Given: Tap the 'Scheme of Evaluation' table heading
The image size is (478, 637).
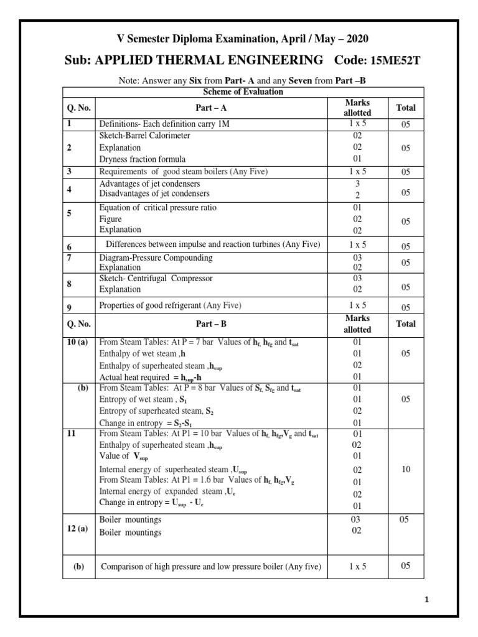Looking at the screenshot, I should pyautogui.click(x=238, y=92).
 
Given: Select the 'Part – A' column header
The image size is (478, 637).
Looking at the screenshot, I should pyautogui.click(x=212, y=108).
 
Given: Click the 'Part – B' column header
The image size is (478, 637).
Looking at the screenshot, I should pyautogui.click(x=212, y=324).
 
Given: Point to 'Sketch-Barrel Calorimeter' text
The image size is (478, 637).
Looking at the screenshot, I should pyautogui.click(x=144, y=135).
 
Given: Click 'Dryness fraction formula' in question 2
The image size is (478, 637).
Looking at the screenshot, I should pyautogui.click(x=143, y=160).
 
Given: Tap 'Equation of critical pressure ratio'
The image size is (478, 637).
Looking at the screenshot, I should pyautogui.click(x=158, y=207).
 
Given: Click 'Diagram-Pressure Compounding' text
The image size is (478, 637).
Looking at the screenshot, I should pyautogui.click(x=156, y=258).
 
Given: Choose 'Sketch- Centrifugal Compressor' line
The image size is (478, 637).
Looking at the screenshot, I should pyautogui.click(x=156, y=278).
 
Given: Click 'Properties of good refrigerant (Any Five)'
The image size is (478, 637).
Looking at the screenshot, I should pyautogui.click(x=170, y=305).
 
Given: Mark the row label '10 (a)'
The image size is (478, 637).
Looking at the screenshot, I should pyautogui.click(x=78, y=343).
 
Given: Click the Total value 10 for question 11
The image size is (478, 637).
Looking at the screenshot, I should pyautogui.click(x=406, y=470).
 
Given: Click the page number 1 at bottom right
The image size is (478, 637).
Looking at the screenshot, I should pyautogui.click(x=427, y=600).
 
